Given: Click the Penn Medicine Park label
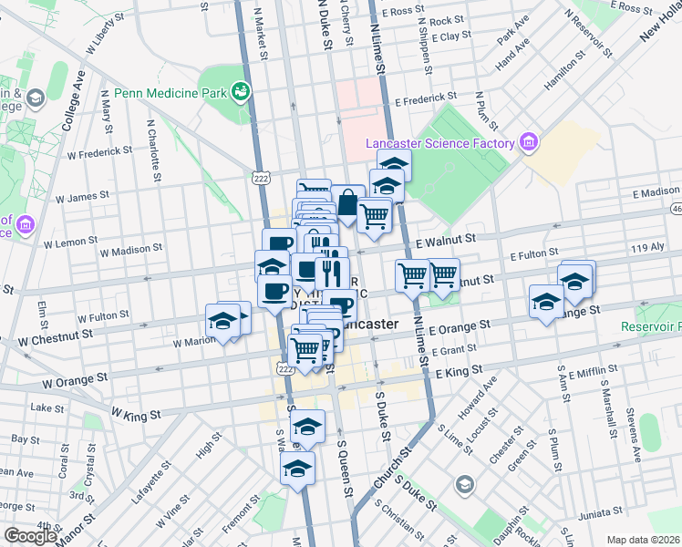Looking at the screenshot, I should [170, 93].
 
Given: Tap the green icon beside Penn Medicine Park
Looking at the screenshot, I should [242, 90].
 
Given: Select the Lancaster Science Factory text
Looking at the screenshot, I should [441, 142].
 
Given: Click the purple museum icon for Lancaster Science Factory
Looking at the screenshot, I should [528, 141].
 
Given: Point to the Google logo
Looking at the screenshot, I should [30, 536].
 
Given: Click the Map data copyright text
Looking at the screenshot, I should [644, 540].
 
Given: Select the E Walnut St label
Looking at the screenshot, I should [446, 238].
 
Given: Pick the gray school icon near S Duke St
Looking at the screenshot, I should [465, 483].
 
